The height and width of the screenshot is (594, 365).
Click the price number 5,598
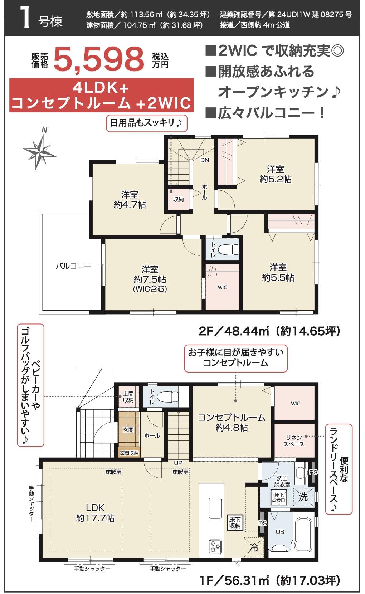pos(99,59)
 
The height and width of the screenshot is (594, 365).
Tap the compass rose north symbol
pos(39,150)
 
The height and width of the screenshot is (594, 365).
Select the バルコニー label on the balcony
pos(73,266)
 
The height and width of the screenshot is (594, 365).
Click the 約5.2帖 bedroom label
pos(275,174)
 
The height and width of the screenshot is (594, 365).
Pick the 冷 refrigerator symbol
pos(254,547)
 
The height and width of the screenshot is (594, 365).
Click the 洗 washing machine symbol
pos(303,497)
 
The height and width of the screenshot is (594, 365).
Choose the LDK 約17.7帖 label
pos(95,513)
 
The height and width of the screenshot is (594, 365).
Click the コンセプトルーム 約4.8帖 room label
pos(232,422)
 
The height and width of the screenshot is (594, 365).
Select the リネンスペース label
pos(294,441)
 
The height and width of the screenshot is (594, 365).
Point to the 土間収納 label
pos(128,397)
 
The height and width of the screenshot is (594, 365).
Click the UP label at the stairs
pos(178,463)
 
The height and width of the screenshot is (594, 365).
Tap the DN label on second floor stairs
pos(204,160)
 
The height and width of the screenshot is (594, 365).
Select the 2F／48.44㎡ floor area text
pos(269,331)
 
